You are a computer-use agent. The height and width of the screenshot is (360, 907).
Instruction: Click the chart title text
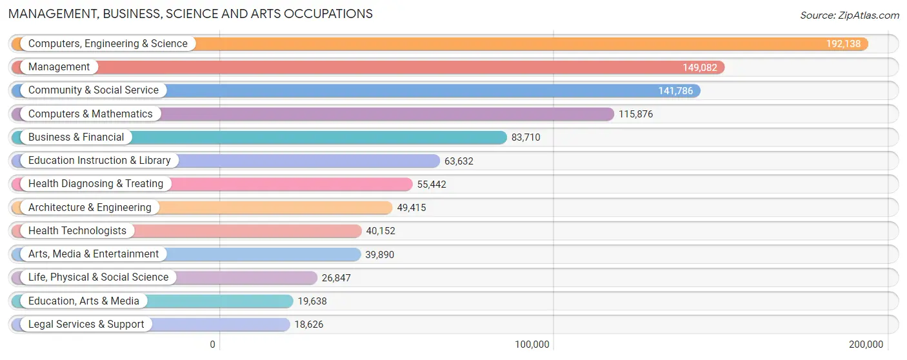[190, 14]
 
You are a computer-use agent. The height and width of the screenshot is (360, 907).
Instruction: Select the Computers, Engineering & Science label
[108, 44]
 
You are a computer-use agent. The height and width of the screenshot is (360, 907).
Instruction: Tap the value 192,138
[843, 44]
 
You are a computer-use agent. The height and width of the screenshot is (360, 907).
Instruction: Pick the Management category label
[59, 67]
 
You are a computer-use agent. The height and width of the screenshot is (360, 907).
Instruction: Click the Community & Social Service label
[94, 90]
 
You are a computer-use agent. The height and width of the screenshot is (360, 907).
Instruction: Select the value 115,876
[635, 114]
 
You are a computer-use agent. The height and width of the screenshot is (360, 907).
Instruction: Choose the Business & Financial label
[76, 137]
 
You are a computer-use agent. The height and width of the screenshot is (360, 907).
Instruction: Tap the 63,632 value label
[459, 161]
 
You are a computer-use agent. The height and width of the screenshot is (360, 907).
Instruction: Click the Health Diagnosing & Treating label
[95, 184]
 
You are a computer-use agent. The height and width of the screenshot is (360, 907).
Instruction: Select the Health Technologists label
[77, 231]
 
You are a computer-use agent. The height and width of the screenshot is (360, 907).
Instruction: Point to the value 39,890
[379, 254]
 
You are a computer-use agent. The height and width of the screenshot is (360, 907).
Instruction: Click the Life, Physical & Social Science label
[98, 277]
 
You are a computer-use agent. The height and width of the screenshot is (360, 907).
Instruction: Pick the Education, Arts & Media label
[84, 301]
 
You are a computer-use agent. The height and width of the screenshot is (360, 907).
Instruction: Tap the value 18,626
[308, 325]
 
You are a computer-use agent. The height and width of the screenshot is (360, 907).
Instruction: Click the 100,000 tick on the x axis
[532, 345]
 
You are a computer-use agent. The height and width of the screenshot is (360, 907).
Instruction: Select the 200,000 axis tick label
[866, 345]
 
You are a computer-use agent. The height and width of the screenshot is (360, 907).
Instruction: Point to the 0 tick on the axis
[212, 345]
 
